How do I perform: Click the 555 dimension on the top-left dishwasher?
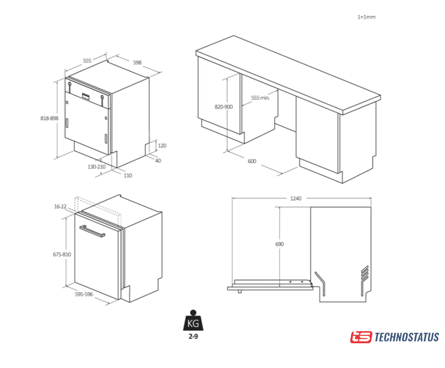[x=87, y=61]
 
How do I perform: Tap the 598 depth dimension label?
[x=137, y=63]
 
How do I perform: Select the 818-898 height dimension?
[x=49, y=118]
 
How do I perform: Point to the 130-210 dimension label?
[x=97, y=167]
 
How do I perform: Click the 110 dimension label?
[x=128, y=175]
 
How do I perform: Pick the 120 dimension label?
[x=162, y=146]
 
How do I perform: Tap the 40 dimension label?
[x=158, y=161]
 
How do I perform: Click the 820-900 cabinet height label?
[x=224, y=107]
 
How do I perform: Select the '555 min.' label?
[x=260, y=98]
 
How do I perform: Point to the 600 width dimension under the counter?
[x=252, y=162]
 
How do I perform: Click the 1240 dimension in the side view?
[x=296, y=198]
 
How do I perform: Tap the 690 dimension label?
[x=279, y=244]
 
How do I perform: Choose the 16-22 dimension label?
[x=60, y=206]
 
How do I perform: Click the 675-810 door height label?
[x=62, y=255]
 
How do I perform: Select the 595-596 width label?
[x=84, y=294]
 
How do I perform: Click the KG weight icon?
[x=193, y=321]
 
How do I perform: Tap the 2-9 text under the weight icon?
[x=193, y=337]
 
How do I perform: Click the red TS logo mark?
[x=361, y=338]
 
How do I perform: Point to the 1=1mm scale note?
[x=366, y=17]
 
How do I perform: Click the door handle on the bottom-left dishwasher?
[x=92, y=231]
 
